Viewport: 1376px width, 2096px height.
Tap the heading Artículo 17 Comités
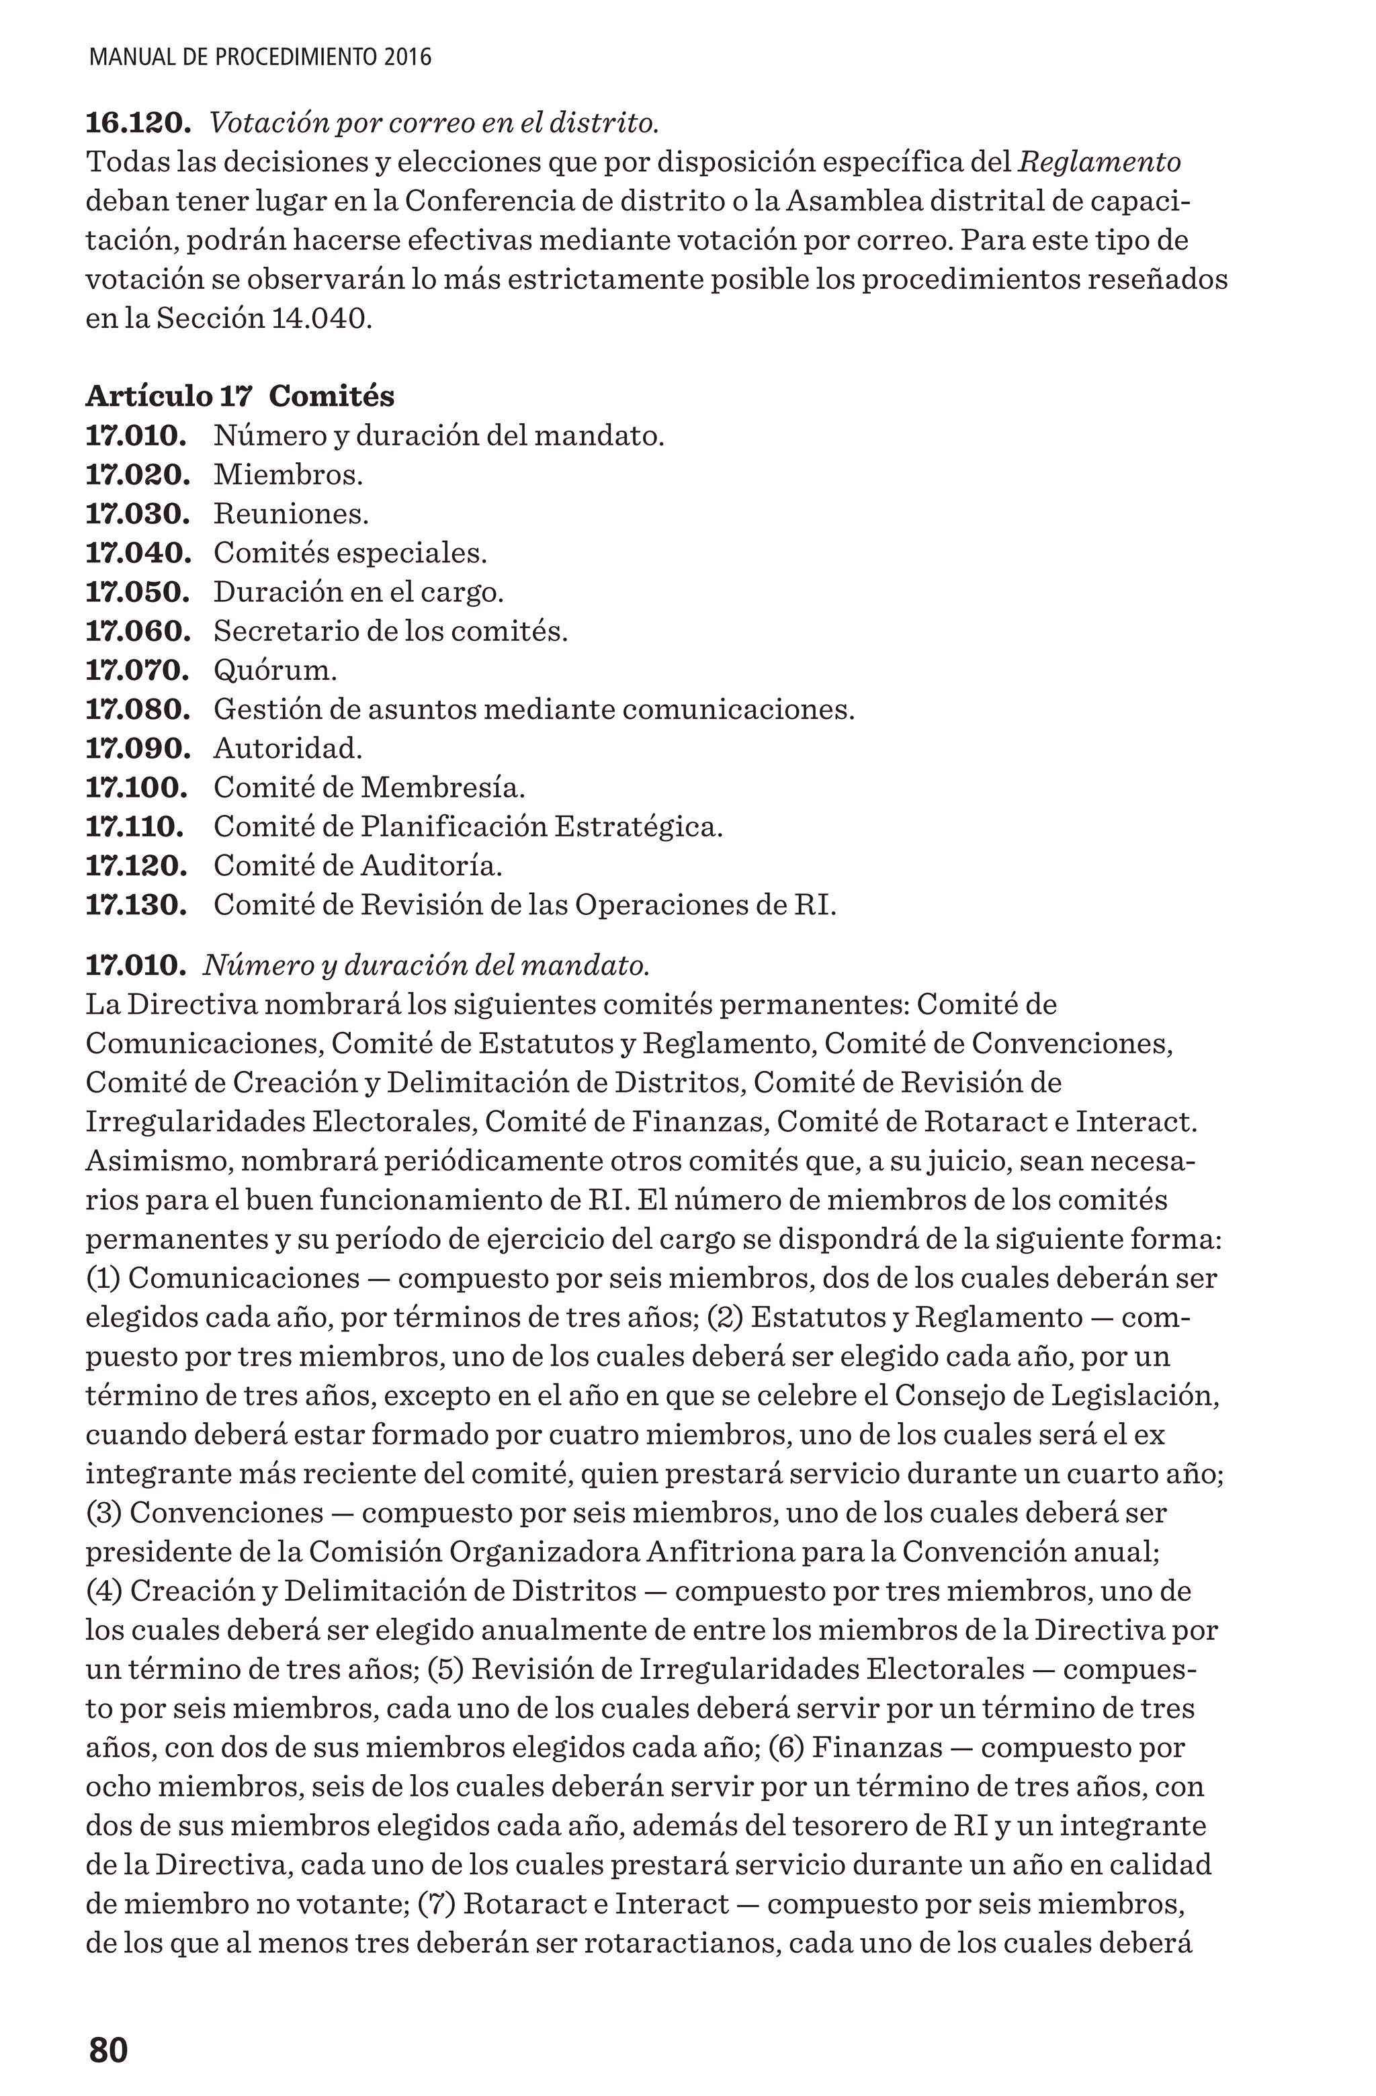(x=240, y=396)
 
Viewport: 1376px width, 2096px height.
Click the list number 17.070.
(x=138, y=671)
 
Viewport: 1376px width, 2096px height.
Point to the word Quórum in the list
(x=275, y=671)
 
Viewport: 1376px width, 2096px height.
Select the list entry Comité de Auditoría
(x=357, y=867)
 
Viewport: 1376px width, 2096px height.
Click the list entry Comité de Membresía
(x=369, y=787)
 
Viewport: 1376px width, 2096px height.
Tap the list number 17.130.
(x=136, y=906)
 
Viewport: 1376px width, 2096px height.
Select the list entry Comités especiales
(x=350, y=553)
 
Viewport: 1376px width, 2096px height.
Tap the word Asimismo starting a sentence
(x=159, y=1161)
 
